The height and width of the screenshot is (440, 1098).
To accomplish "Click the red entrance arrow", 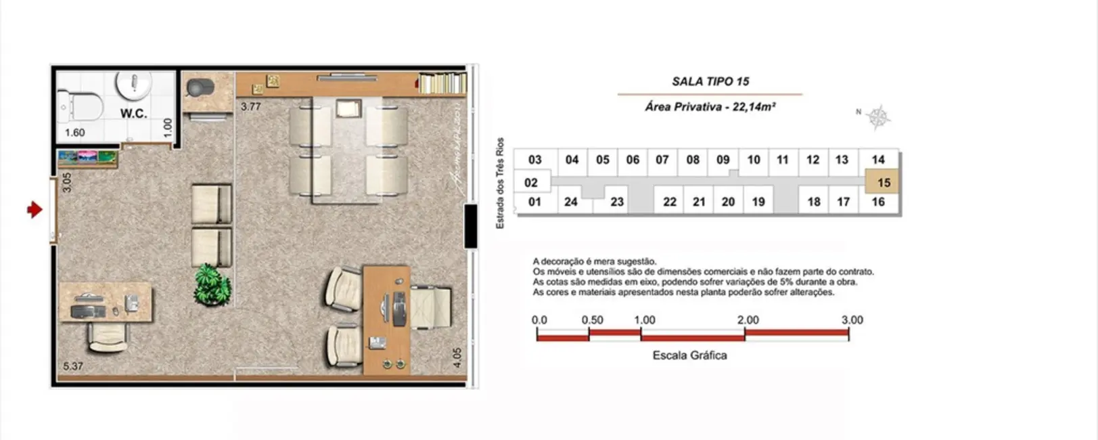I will (x=35, y=210).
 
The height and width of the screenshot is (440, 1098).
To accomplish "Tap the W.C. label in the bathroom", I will (x=133, y=114).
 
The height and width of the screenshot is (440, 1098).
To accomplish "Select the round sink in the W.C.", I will (x=135, y=84).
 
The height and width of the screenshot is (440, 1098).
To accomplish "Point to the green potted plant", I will (x=212, y=285).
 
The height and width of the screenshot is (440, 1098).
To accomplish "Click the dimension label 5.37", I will (x=73, y=366).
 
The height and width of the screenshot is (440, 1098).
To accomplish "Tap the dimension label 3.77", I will (x=250, y=106).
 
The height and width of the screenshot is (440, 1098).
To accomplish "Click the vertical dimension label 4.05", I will (x=457, y=357).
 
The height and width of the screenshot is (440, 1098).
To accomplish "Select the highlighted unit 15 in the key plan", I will (x=883, y=183).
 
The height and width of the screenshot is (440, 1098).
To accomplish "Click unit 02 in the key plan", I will (x=531, y=183).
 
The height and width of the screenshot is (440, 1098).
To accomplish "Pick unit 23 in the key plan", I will (x=616, y=202).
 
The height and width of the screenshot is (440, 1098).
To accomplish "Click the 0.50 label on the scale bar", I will (x=592, y=320).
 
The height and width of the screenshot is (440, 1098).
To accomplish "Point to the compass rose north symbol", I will (x=877, y=118).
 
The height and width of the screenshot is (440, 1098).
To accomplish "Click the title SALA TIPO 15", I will (x=710, y=81).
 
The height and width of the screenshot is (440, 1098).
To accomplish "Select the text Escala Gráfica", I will (x=689, y=355).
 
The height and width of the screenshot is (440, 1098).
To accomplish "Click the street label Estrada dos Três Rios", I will (x=501, y=183).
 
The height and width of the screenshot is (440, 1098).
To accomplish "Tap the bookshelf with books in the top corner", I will (x=442, y=83).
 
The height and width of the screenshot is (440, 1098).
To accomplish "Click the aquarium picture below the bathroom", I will (x=88, y=158).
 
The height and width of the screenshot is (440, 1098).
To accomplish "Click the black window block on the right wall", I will (x=470, y=225).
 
